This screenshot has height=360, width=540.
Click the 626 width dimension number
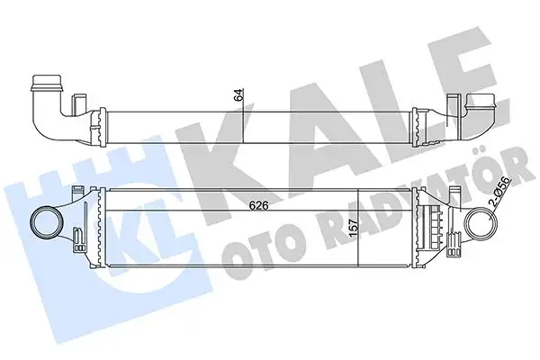261,203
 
